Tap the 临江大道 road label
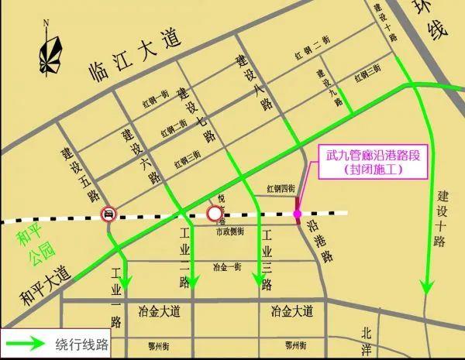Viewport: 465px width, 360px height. coord(132,49)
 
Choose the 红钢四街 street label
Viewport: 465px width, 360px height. coord(282,188)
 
